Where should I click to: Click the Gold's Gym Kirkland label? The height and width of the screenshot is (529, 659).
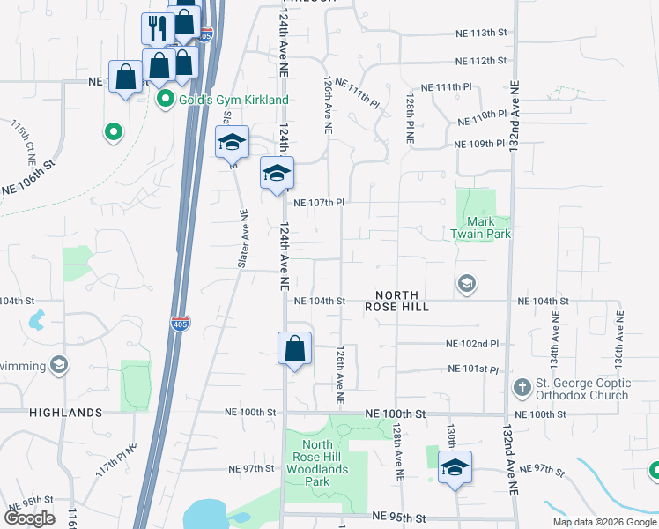tap(233, 100)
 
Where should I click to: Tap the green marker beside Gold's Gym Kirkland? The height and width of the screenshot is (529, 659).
tap(165, 100)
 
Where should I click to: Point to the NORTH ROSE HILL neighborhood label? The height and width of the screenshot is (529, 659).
tap(402, 301)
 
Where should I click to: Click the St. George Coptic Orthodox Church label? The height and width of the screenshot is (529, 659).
tap(583, 389)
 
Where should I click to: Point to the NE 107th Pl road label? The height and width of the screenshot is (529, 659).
tap(317, 202)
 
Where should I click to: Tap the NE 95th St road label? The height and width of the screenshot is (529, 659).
tap(400, 516)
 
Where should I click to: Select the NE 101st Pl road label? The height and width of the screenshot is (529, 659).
tap(473, 369)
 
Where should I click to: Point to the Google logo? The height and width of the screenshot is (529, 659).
tap(31, 518)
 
